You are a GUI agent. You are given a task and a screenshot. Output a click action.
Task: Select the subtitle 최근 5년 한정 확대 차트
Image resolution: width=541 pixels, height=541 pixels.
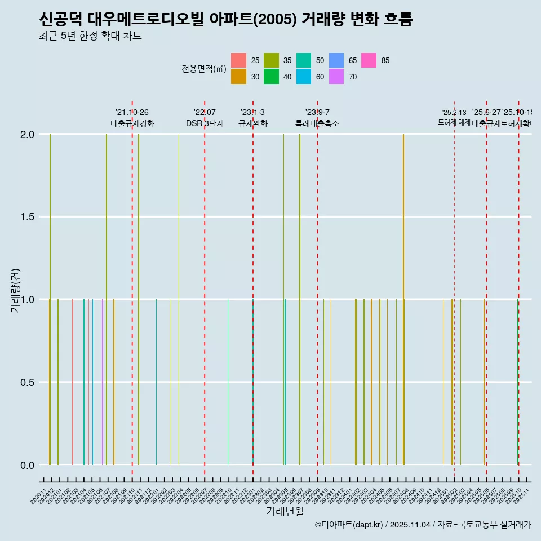tap(90, 36)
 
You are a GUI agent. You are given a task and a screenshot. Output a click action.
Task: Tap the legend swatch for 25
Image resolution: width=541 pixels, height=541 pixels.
tap(239, 60)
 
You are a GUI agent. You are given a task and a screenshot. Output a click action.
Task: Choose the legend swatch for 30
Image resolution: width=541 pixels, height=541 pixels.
tap(239, 77)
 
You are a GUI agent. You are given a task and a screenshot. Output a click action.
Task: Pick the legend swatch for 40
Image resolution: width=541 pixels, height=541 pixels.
tap(272, 77)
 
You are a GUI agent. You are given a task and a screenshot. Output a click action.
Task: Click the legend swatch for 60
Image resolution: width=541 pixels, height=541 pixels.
tap(304, 77)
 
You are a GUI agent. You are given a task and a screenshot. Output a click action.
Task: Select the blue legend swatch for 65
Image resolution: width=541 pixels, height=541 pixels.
tap(336, 60)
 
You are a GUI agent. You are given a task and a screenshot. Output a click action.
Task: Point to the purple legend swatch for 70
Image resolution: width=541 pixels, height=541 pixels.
tap(336, 77)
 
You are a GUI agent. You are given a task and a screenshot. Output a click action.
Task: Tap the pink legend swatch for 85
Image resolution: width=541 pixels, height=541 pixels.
tap(369, 60)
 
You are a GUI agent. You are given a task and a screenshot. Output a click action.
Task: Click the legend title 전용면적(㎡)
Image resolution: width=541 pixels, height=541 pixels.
tap(203, 69)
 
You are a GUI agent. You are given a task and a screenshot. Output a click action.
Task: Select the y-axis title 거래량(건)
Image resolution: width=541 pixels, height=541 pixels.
tap(16, 300)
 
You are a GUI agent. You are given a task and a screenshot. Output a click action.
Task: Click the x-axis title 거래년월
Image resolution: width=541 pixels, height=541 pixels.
tap(285, 511)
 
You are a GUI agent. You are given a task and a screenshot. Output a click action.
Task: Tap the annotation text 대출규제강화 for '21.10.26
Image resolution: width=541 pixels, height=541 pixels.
tap(132, 123)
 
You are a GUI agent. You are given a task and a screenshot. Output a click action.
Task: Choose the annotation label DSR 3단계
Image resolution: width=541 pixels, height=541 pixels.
tap(205, 123)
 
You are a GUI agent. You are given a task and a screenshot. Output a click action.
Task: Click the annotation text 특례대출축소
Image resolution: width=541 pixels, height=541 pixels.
tap(317, 123)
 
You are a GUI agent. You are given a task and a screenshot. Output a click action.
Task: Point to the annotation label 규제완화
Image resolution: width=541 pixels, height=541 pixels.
tap(252, 123)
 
